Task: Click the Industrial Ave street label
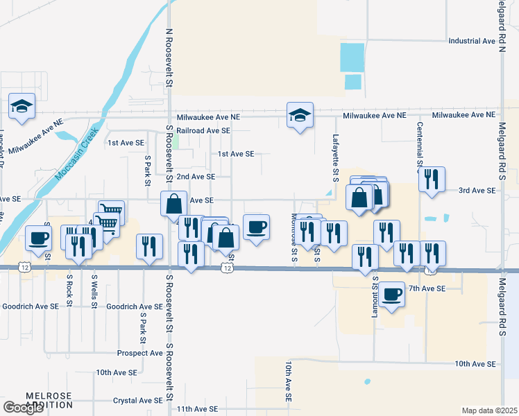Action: (x=472, y=41)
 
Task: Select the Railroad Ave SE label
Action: (x=203, y=130)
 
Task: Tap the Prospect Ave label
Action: (x=139, y=353)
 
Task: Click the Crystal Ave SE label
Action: (x=137, y=400)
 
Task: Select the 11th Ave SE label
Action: (x=197, y=410)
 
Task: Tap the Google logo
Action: (x=23, y=408)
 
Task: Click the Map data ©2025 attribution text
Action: (x=489, y=410)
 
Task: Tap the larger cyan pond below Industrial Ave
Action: (x=352, y=57)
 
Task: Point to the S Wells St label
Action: (x=94, y=291)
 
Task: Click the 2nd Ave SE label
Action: (x=195, y=177)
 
